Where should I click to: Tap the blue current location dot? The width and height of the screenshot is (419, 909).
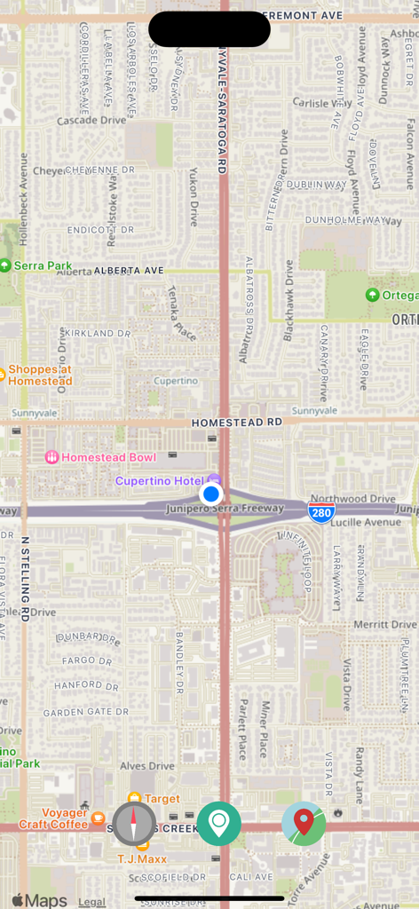tap(210, 494)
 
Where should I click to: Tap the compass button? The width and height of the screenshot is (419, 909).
tap(134, 823)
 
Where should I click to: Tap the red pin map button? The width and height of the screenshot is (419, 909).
tap(304, 823)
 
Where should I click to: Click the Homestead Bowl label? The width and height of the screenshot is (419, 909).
tap(100, 457)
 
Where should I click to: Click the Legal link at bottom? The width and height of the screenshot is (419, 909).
tap(91, 901)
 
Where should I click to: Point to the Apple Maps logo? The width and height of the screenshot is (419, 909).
tap(39, 901)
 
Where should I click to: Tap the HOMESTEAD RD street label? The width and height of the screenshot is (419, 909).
tap(236, 423)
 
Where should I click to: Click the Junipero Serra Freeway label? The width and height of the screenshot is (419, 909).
tap(225, 509)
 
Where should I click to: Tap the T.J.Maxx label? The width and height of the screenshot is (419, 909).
tap(141, 858)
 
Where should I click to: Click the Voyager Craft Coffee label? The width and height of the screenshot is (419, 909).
tap(65, 818)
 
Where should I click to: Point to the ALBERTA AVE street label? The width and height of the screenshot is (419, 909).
tap(129, 270)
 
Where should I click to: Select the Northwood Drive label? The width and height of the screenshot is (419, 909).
tap(353, 499)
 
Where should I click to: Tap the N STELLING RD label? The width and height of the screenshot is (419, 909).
tap(25, 578)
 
